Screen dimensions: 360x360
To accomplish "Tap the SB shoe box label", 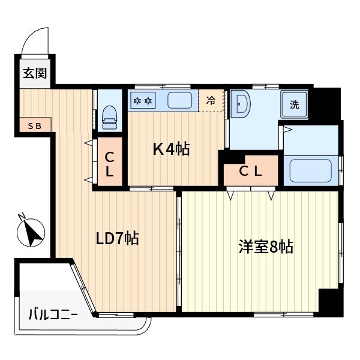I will pyautogui.click(x=34, y=126).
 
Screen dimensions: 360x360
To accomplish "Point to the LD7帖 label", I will pyautogui.click(x=118, y=238).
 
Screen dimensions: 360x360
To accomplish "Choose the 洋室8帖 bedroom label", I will pyautogui.click(x=265, y=246).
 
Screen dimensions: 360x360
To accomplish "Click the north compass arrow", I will pyautogui.click(x=32, y=233).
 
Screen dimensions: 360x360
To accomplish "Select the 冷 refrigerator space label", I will pyautogui.click(x=211, y=101).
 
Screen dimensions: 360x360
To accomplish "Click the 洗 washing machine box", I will pyautogui.click(x=295, y=104).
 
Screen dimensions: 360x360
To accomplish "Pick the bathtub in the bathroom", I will pyautogui.click(x=311, y=170).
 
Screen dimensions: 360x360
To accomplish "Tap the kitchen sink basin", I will pyautogui.click(x=179, y=100).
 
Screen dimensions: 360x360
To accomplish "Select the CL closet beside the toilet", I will pyautogui.click(x=110, y=163).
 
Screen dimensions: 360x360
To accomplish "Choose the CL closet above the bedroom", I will pyautogui.click(x=251, y=171).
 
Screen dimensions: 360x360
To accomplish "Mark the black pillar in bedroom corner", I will pyautogui.click(x=330, y=301).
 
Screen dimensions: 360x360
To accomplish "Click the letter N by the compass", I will pyautogui.click(x=22, y=217).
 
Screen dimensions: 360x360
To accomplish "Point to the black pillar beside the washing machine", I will pyautogui.click(x=326, y=103).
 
